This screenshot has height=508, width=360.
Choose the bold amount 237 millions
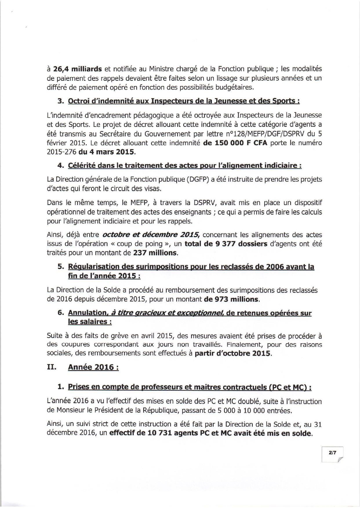pos(155,253)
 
